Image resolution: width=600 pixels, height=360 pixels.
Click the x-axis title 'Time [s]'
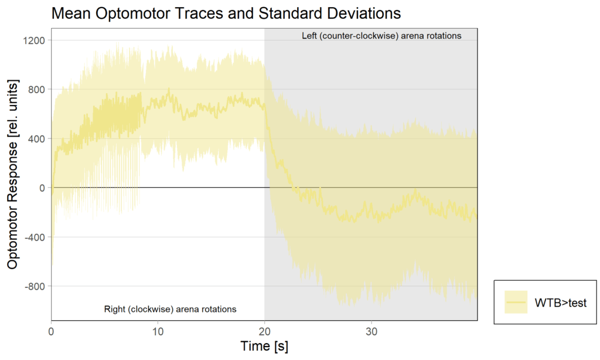point(264,346)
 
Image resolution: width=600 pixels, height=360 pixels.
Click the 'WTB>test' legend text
point(561,303)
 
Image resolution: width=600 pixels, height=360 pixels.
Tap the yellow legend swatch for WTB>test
point(516,303)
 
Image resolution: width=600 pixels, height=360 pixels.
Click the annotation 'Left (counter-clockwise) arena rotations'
point(381,36)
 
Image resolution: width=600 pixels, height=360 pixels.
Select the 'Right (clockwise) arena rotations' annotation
point(170,309)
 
